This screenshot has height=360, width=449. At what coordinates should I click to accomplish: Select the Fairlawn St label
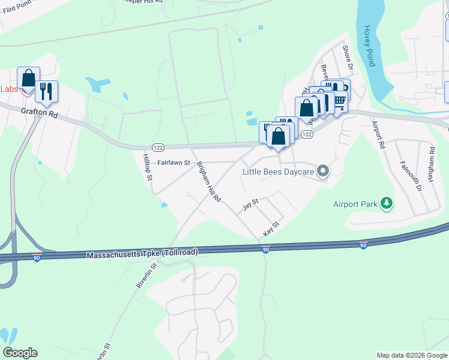pos(173,163)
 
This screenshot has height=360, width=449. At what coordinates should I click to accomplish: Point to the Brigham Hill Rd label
pos(209,182)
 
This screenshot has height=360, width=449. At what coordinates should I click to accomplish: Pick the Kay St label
pos(271,229)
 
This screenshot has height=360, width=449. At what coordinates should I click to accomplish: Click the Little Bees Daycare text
pos(279,172)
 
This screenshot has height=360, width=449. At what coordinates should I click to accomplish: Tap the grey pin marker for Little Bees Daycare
pos(324,172)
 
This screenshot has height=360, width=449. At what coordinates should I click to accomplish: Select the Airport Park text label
pos(355,204)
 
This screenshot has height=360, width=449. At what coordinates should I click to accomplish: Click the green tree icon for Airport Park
pos(387,204)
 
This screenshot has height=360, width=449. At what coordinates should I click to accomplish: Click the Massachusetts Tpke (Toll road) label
pos(142,254)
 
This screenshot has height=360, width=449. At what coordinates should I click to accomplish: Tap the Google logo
pos(20,353)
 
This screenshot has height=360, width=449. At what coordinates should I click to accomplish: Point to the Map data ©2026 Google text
pos(412,355)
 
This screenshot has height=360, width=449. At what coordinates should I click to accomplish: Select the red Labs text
pos(9,89)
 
